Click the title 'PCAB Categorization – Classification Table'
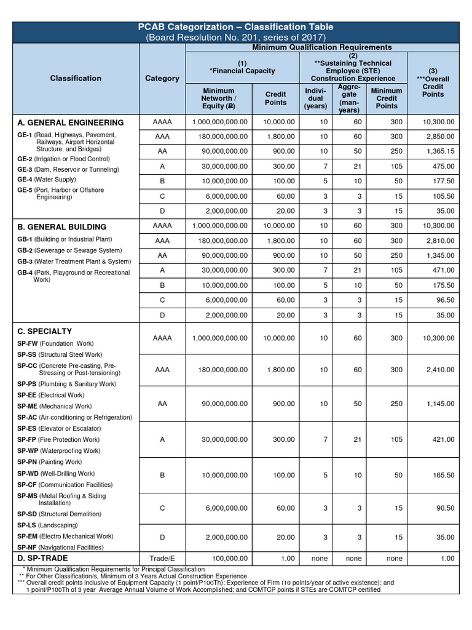pos(236,26)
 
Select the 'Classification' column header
pos(76,78)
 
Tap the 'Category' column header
pos(162,78)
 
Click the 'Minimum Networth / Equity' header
pos(218,98)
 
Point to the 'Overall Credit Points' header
pos(433,87)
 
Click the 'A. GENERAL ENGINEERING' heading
pos(71,122)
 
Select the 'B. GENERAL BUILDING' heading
pos(61,227)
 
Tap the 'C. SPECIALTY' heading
pos(45,331)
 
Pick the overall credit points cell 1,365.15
pos(438,151)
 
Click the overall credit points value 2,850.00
pos(438,137)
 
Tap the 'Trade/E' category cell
pos(162,558)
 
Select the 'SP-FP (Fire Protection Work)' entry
pos(58,440)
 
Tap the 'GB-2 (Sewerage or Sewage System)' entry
pos(69,250)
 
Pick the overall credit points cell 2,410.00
pos(438,370)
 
